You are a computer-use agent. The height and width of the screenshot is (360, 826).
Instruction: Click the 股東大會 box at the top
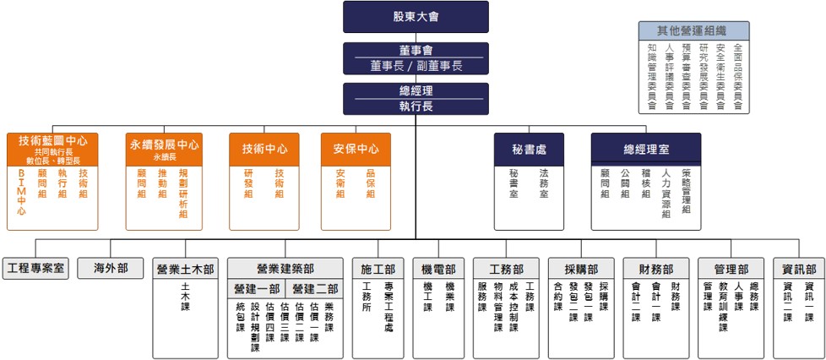[x=416, y=17]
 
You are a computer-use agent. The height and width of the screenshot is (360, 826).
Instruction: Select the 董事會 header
[x=416, y=50]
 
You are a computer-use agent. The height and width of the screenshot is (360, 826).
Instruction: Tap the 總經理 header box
[x=416, y=90]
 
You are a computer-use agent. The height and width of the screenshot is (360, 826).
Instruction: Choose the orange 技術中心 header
[x=264, y=149]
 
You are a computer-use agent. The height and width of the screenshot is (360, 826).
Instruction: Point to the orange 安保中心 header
[x=356, y=149]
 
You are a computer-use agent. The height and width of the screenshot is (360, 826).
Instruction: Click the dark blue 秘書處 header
[x=529, y=149]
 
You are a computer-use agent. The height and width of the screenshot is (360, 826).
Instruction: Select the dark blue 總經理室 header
[x=646, y=149]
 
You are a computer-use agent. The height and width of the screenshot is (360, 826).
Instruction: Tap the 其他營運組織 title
[x=693, y=30]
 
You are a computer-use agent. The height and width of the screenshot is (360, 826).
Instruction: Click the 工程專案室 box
[x=35, y=269]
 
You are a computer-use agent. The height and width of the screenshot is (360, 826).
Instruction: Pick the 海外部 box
[x=111, y=269]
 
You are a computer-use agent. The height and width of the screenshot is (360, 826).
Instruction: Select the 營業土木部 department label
[x=185, y=270]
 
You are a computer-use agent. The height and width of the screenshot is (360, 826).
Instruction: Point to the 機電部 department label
[x=438, y=270]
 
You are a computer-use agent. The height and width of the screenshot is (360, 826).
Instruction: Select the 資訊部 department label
[x=798, y=270]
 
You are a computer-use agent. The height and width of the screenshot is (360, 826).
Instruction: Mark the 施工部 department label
[x=378, y=270]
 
